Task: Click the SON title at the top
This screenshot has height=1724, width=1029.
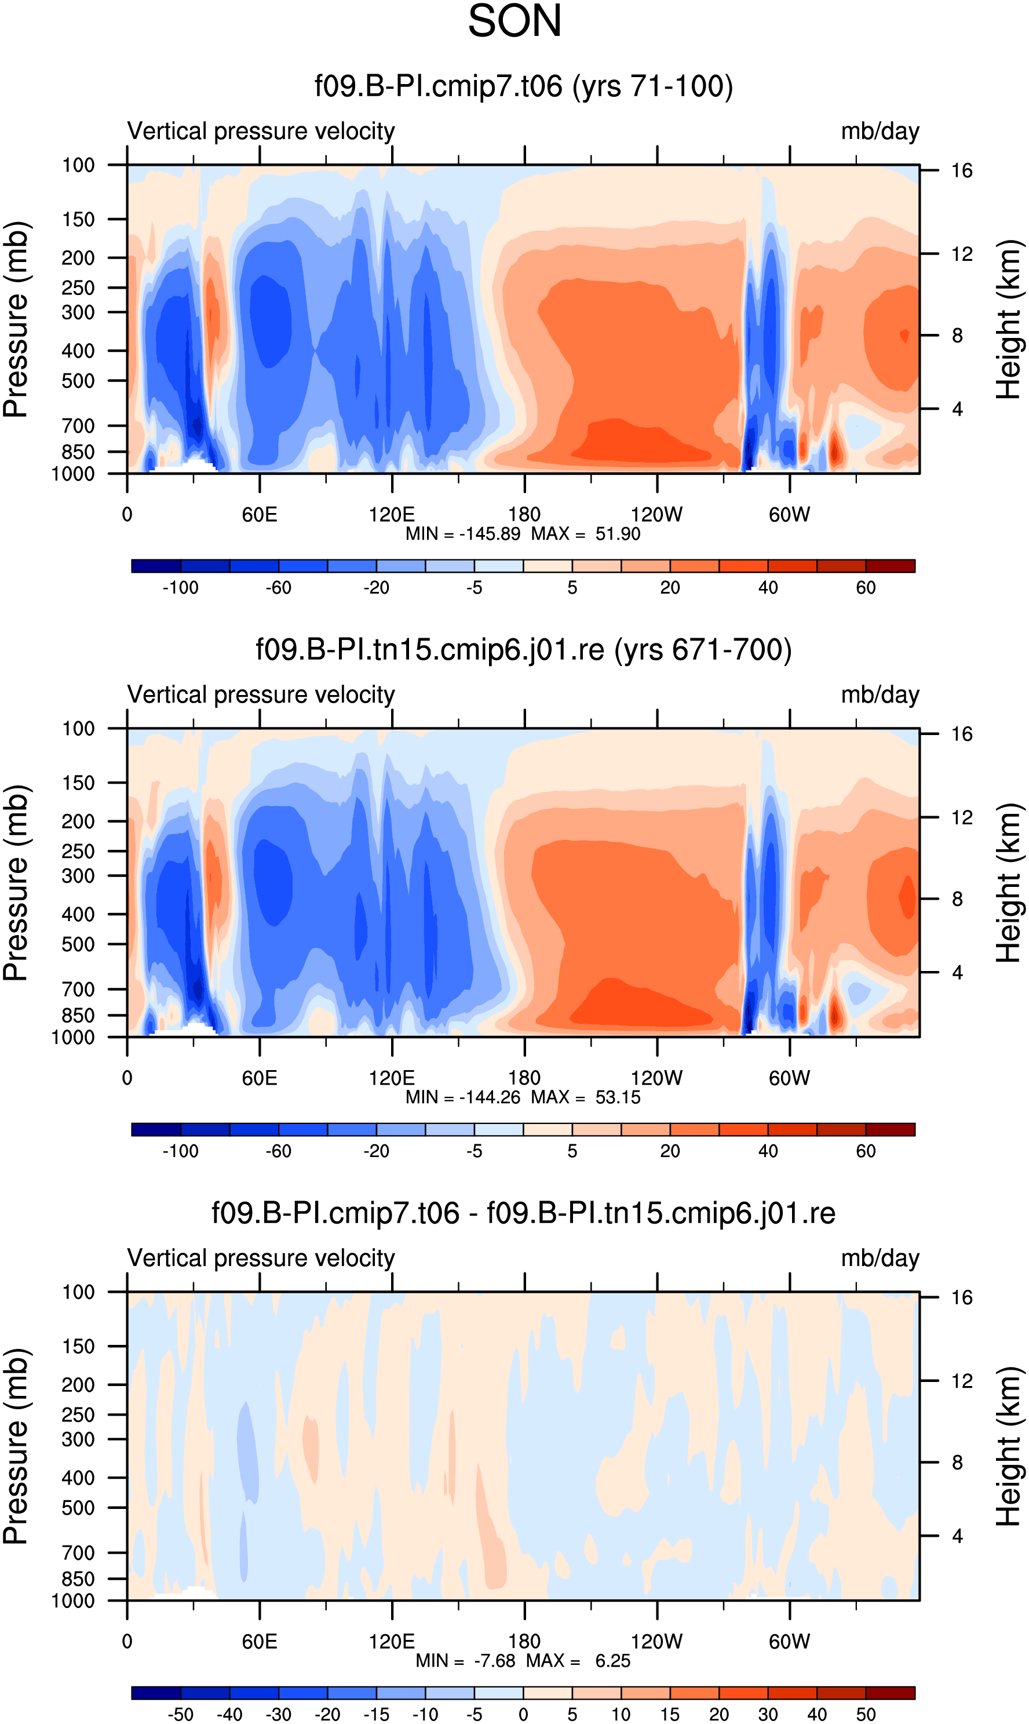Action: (514, 21)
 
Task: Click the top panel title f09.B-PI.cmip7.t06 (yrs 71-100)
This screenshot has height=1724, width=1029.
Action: (524, 86)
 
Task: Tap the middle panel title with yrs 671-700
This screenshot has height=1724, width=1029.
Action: (524, 650)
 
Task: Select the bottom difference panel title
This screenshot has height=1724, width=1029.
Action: (524, 1213)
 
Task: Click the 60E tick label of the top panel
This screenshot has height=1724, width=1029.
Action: (260, 515)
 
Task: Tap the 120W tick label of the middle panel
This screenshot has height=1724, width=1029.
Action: (656, 1078)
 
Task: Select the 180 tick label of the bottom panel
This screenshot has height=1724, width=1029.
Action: (524, 1642)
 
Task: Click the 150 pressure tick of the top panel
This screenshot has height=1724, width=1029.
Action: (78, 219)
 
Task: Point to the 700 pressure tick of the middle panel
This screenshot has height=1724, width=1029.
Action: (78, 990)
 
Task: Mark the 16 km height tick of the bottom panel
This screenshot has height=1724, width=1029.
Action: (962, 1297)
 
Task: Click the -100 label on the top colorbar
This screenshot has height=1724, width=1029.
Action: (180, 588)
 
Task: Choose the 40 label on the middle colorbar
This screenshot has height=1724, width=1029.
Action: (768, 1151)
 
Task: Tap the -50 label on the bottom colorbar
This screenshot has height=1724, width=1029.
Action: (180, 1714)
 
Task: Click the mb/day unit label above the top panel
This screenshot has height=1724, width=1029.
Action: (880, 131)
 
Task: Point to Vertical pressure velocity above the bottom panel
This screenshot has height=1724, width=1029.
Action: (261, 1258)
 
